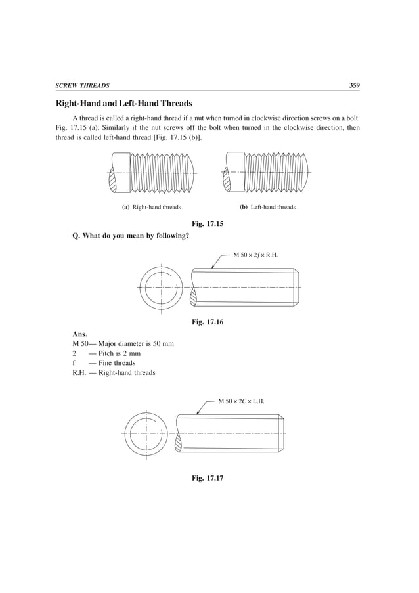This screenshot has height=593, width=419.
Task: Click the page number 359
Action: coord(354,85)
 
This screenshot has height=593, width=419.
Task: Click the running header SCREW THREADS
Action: coord(82,86)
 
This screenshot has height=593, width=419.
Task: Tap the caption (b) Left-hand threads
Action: coord(267,207)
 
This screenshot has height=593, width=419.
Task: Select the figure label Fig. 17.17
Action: coord(208,477)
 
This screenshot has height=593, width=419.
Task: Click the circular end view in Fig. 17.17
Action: coord(143,433)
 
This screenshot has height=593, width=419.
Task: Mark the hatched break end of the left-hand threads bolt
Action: coord(229,179)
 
